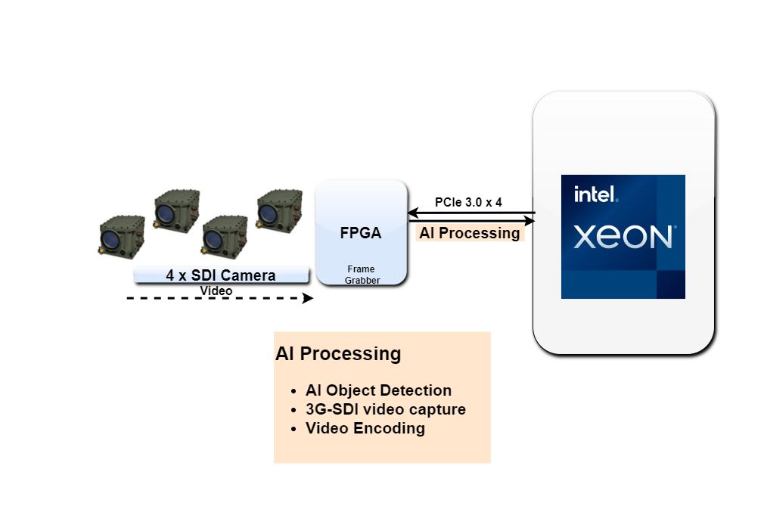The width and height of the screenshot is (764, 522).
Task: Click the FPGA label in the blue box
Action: point(361,233)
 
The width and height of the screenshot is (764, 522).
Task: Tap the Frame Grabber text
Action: point(361,275)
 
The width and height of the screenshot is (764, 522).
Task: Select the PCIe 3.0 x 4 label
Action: point(468,203)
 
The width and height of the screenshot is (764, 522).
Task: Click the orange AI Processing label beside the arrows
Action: point(470,233)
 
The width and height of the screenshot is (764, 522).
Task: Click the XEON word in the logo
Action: point(623,237)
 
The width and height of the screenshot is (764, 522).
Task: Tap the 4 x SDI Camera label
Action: point(221,275)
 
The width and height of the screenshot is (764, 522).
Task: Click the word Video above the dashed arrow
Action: point(216,291)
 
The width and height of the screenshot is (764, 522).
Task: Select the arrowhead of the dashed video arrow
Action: point(307,298)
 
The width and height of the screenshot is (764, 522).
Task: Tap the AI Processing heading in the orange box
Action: point(338,353)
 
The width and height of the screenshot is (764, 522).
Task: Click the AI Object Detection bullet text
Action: point(378,390)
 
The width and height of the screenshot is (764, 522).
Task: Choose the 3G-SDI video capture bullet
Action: point(385,409)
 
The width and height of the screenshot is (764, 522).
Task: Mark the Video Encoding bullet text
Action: point(365,428)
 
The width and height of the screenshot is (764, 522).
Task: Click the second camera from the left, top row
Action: point(176,210)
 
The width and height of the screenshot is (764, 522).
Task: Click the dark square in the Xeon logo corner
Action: point(670,284)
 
